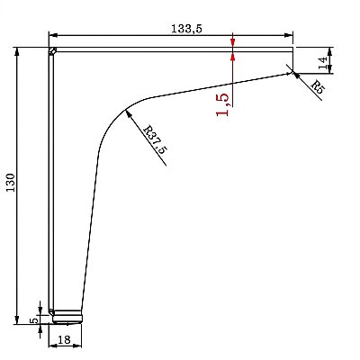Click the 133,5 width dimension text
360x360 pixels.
coord(187,29)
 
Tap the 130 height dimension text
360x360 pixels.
coord(11,183)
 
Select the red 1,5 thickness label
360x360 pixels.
coord(222,104)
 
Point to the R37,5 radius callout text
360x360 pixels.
coord(155,139)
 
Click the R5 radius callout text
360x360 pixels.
coord(318,87)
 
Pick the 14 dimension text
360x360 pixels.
coord(323,63)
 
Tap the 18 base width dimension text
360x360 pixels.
coord(64,339)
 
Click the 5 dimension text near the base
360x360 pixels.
coord(35,320)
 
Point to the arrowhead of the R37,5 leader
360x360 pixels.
coord(129,113)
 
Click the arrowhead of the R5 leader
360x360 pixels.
coord(295,74)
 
